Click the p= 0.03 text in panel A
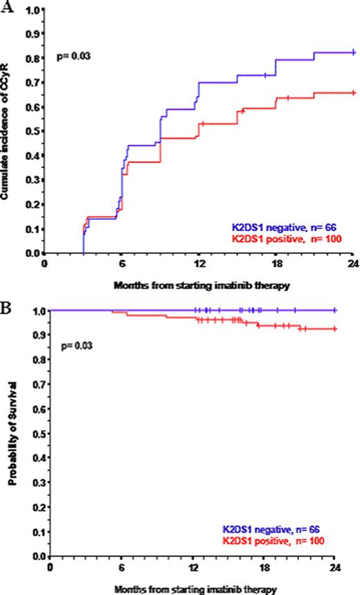[72, 53]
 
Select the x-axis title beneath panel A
[199, 284]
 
